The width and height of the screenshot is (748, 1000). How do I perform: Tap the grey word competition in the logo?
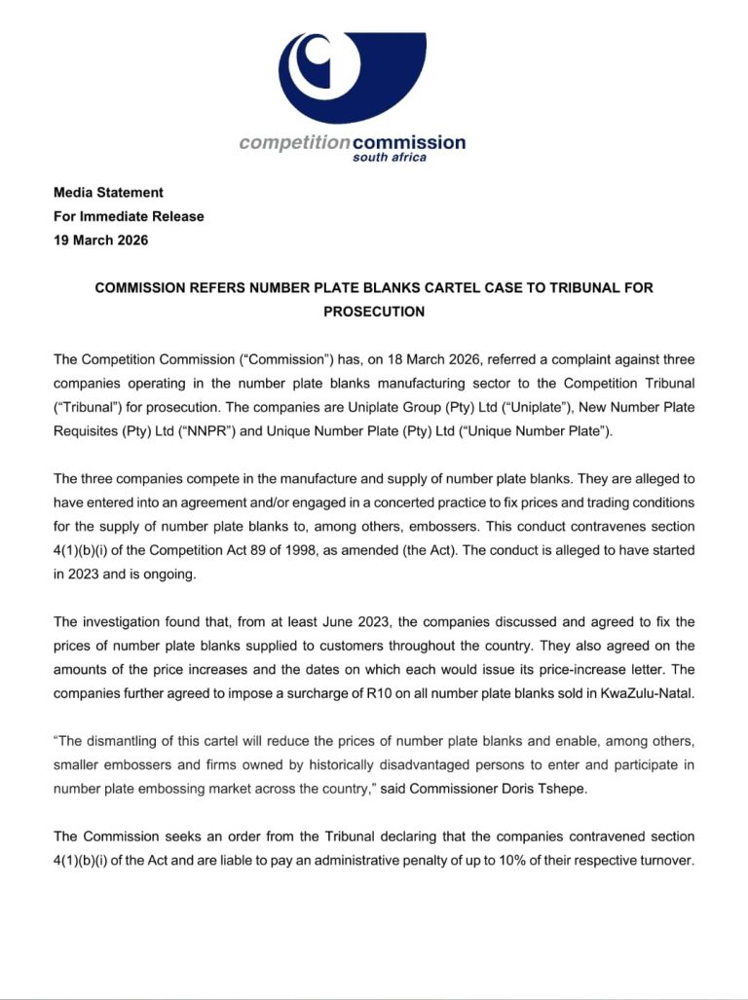point(294,143)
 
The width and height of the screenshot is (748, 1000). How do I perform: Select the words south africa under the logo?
point(390,158)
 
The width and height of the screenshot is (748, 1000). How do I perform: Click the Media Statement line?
point(108,193)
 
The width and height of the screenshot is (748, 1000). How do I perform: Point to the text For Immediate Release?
point(129,216)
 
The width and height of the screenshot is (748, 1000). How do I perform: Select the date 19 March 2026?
point(101,240)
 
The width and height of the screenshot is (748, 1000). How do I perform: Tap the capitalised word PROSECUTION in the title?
point(374,312)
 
